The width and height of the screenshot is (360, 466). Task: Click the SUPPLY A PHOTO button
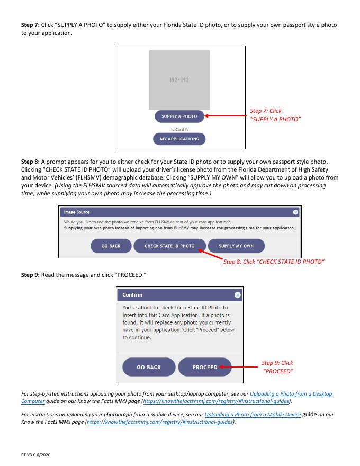click(x=179, y=116)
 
